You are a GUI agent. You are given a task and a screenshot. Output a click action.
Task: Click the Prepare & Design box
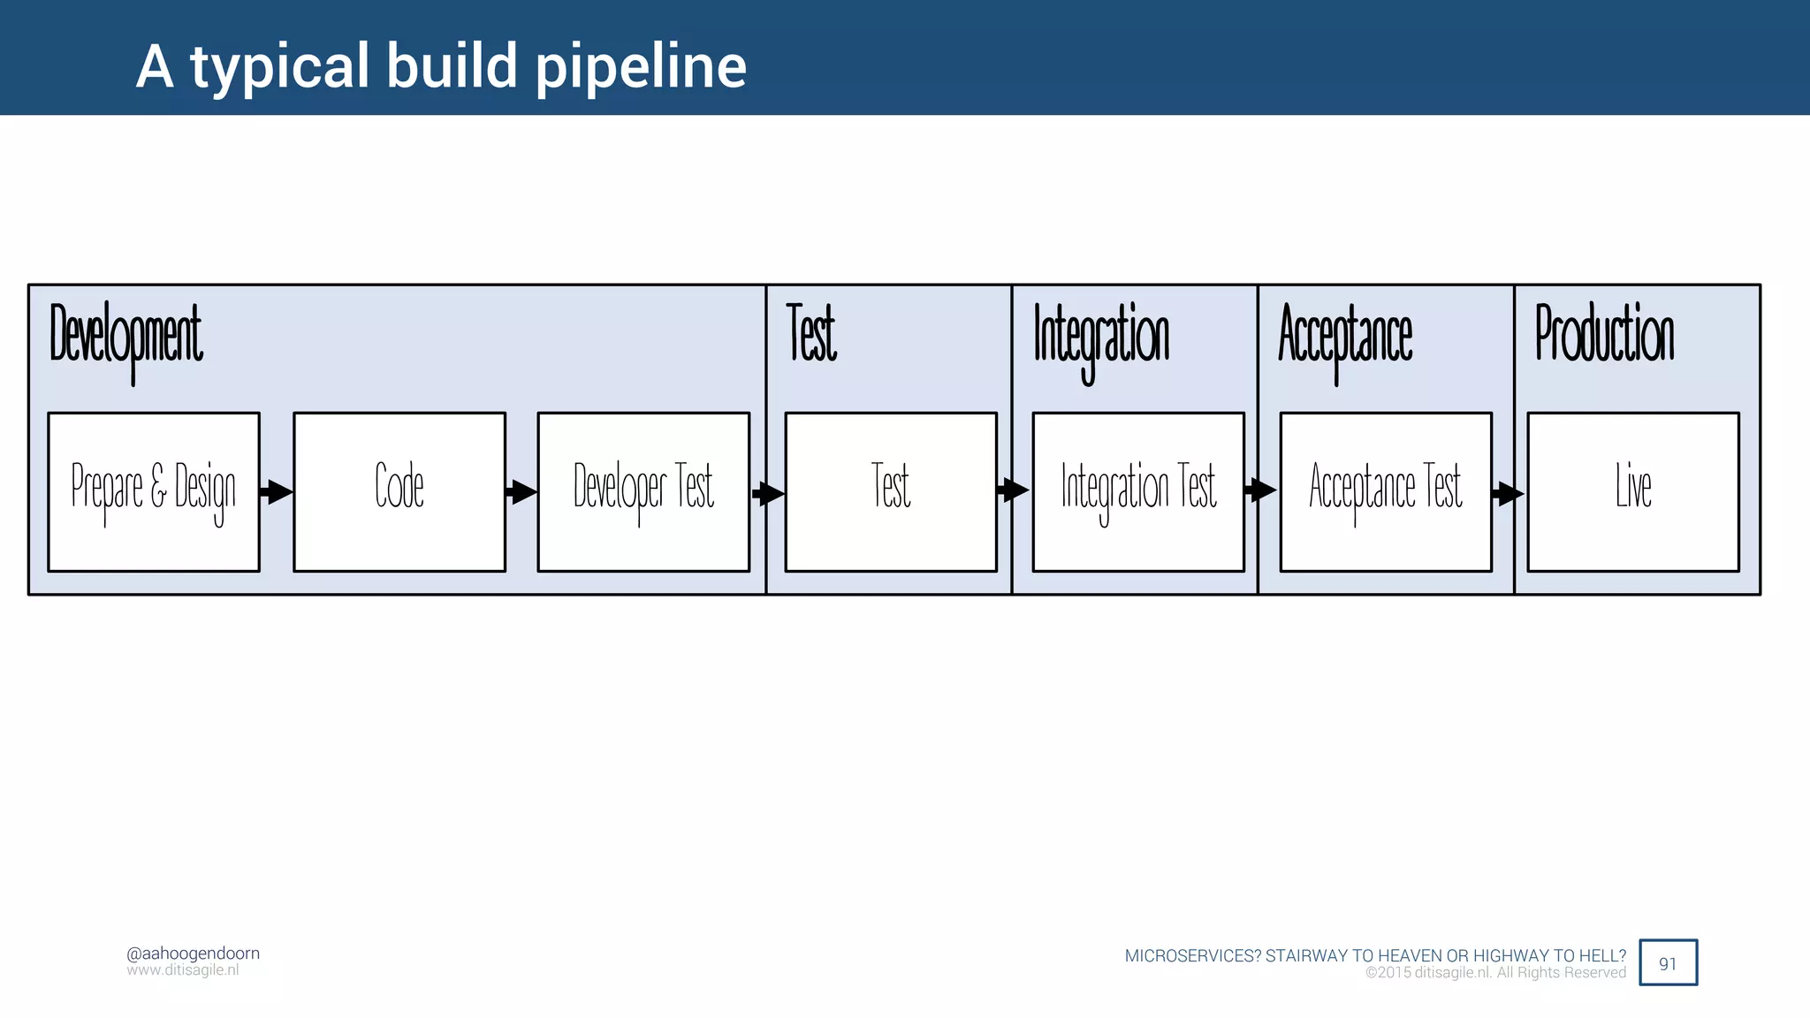154,491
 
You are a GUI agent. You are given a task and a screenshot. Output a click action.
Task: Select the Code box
399,491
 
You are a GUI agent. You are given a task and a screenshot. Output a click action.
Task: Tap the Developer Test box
643,491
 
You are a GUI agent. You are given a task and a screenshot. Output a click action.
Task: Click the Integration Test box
1138,491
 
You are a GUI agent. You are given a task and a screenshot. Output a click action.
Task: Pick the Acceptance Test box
1386,491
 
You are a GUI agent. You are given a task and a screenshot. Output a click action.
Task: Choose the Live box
1633,491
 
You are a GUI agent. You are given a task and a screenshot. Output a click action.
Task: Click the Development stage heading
125,336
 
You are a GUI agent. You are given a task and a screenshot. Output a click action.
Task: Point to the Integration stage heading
1101,336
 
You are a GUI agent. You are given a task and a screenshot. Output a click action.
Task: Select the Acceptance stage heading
1345,336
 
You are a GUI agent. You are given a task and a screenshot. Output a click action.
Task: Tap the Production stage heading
1604,334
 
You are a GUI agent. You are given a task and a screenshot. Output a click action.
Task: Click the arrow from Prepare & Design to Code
277,491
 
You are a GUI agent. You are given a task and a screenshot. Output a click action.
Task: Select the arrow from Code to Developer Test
521,491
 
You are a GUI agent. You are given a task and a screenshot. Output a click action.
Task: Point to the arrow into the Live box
1509,493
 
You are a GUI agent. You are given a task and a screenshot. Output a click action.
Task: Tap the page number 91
1668,963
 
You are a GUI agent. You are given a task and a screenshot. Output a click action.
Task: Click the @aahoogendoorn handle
193,953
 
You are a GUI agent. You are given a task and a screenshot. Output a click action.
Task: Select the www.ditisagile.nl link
182,970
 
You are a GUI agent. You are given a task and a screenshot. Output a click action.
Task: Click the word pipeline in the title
641,67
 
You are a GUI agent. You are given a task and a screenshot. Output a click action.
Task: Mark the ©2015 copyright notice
1495,973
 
